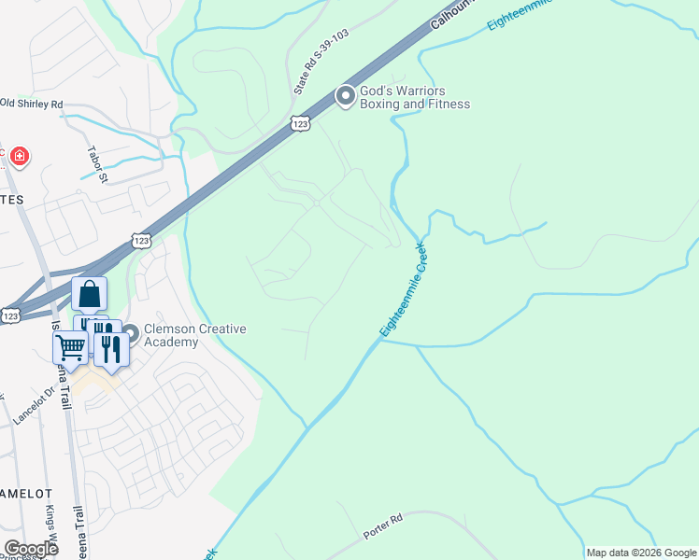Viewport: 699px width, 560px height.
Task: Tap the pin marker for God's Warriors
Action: coord(346,96)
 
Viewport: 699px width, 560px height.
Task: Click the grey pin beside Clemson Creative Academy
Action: coord(130,332)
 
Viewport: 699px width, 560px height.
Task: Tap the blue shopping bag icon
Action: coord(90,295)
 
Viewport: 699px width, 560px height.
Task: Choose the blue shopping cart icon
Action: coord(70,348)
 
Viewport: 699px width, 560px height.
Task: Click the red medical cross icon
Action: coord(18,156)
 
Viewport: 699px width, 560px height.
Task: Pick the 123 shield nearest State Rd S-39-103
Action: coord(300,124)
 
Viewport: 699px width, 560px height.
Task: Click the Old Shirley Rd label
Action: coord(32,104)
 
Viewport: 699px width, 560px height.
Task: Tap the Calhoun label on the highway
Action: coord(453,16)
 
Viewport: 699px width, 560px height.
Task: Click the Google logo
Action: coord(31,549)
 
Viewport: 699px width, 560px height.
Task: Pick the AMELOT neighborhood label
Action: coord(21,492)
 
